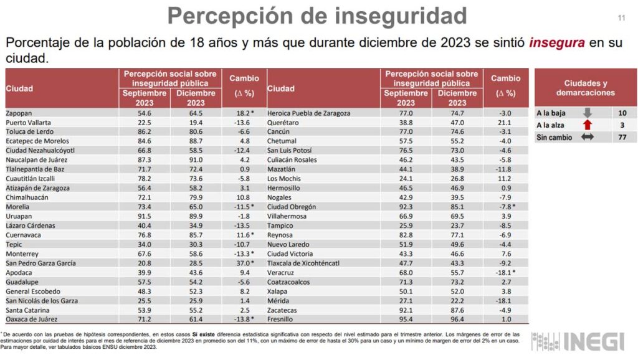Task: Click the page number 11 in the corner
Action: coord(621,17)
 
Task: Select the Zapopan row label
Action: coord(20,113)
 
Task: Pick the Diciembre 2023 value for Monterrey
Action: coord(196,253)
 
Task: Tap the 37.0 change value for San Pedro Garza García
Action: coord(239,263)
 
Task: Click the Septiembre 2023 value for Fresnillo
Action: coord(406,320)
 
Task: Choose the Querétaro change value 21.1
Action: coord(505,122)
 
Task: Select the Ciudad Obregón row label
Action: coord(292,207)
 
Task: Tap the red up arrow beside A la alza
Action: coord(587,125)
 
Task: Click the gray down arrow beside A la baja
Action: coord(587,113)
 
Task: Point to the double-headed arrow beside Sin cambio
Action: coord(587,137)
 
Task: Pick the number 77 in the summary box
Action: coord(623,137)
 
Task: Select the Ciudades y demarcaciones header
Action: coord(585,88)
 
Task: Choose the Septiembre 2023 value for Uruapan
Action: coord(144,216)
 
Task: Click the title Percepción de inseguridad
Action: coord(317,16)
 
